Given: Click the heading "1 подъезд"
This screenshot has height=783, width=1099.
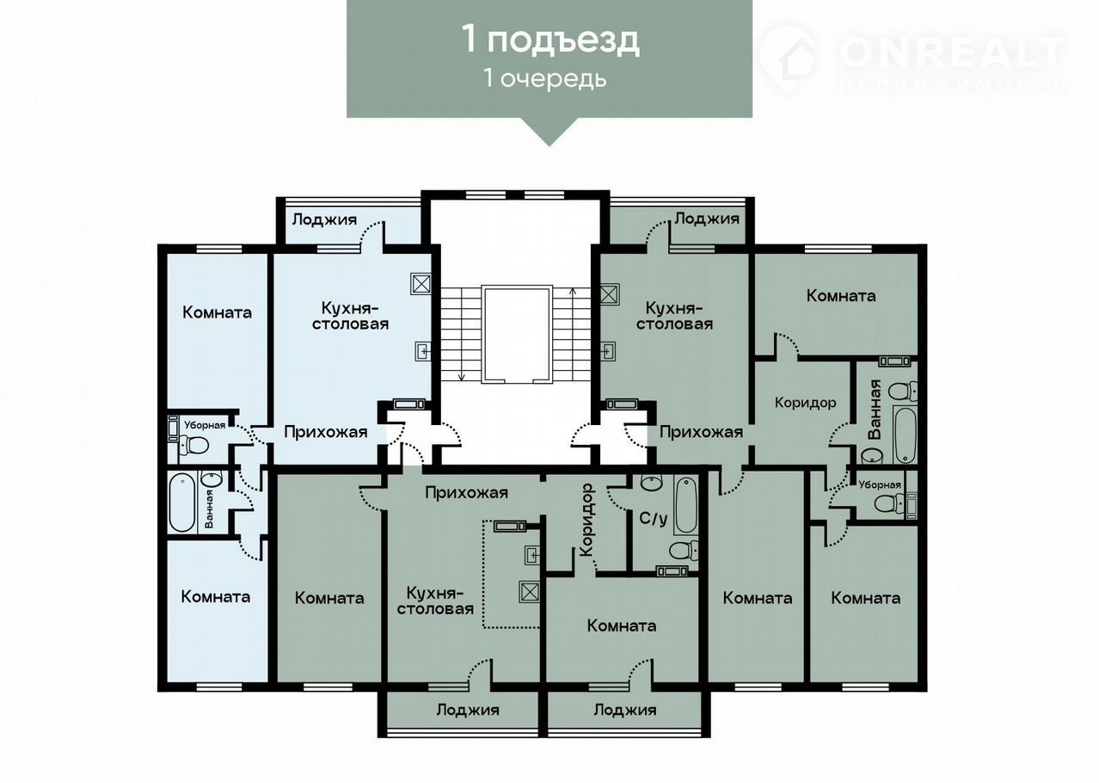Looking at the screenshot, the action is (x=550, y=40).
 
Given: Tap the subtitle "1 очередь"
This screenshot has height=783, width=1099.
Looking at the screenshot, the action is (x=545, y=78).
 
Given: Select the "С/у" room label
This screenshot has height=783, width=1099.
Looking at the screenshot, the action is (x=653, y=518).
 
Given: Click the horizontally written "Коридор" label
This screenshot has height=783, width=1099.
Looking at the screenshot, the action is (x=805, y=403).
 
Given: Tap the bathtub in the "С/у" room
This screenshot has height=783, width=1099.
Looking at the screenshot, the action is (x=686, y=504).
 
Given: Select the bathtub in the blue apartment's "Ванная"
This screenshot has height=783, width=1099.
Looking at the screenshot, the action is (x=182, y=502).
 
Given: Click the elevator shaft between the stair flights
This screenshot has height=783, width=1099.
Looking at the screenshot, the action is (x=517, y=335).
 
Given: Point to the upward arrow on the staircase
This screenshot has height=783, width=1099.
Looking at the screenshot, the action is (x=573, y=334).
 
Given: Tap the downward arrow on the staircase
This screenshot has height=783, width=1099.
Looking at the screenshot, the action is (x=461, y=334).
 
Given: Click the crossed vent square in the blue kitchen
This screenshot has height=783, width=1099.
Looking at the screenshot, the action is (x=421, y=284).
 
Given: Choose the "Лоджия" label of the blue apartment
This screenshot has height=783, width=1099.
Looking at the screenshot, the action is (x=324, y=219).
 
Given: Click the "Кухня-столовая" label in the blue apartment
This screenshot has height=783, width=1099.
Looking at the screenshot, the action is (x=350, y=316).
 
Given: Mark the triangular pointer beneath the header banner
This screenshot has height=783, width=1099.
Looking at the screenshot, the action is (x=549, y=132).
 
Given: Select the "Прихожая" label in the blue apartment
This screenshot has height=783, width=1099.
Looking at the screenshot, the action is (x=325, y=432).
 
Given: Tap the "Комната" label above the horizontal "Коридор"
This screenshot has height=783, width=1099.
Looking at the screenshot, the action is (x=841, y=295).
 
